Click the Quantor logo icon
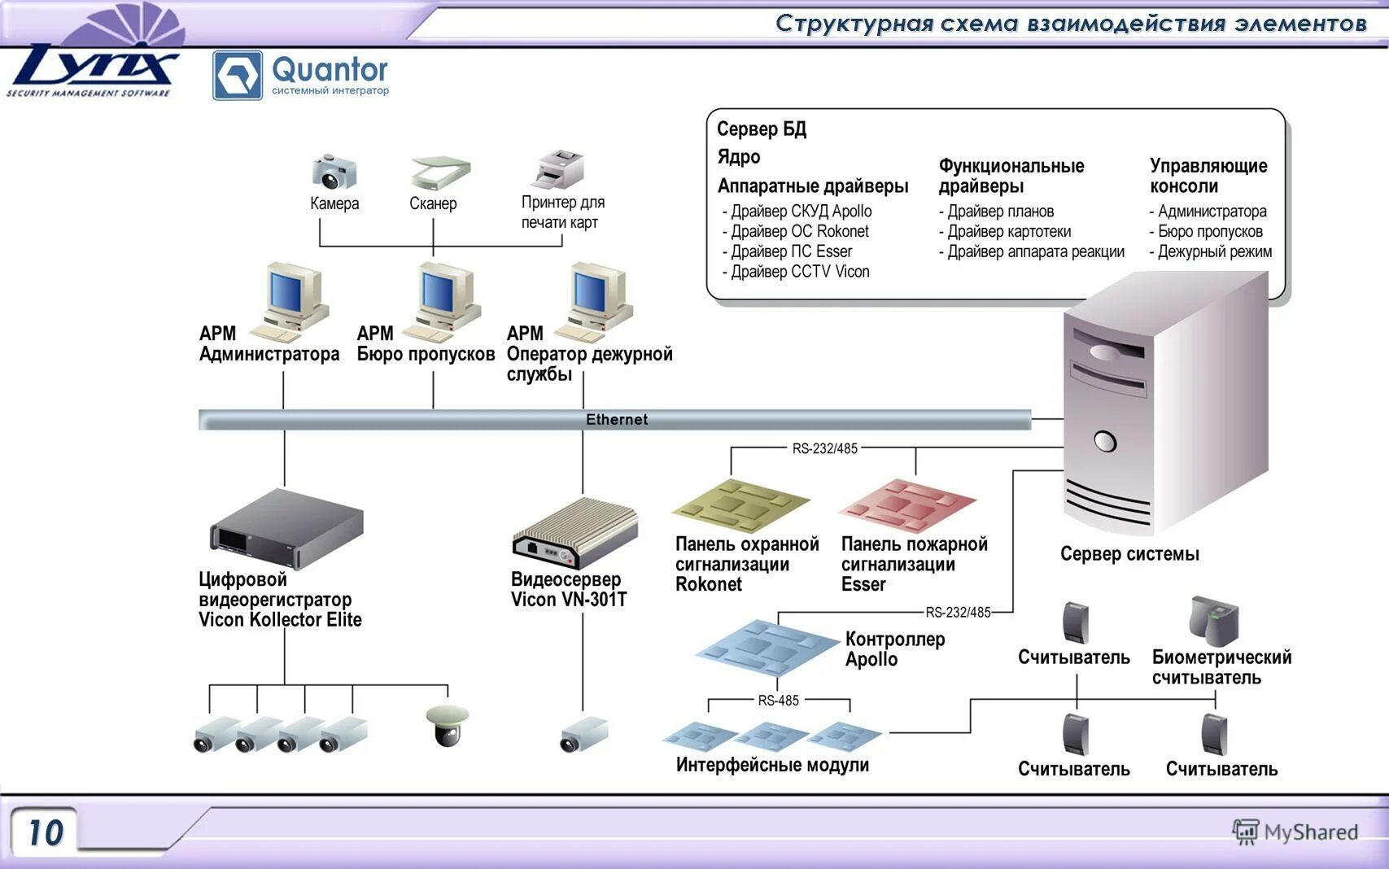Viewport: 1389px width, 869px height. (x=237, y=75)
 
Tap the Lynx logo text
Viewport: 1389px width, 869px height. (x=93, y=64)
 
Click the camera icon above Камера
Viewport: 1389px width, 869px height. (x=334, y=171)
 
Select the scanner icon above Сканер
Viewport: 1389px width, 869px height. (x=440, y=172)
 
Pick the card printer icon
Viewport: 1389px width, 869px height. (x=559, y=168)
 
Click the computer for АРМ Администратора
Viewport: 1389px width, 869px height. (x=290, y=303)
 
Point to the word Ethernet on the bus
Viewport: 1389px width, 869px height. (x=616, y=420)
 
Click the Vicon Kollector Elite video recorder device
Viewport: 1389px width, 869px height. (x=286, y=529)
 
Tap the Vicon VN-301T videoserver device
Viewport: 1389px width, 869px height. (x=574, y=534)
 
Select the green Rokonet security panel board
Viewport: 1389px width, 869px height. (x=741, y=505)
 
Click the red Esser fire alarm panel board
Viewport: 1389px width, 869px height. (x=908, y=505)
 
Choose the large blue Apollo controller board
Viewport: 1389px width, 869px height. (x=767, y=647)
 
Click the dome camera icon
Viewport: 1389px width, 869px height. (x=447, y=725)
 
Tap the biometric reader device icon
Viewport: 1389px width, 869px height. (x=1213, y=621)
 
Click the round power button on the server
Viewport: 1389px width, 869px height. (x=1105, y=441)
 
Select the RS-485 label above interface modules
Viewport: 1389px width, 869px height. (x=778, y=701)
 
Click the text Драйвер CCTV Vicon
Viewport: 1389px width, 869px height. (x=800, y=272)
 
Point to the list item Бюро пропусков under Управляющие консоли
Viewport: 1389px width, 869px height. (x=1210, y=231)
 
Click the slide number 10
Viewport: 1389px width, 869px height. (x=46, y=832)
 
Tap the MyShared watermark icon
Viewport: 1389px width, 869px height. (x=1246, y=832)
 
